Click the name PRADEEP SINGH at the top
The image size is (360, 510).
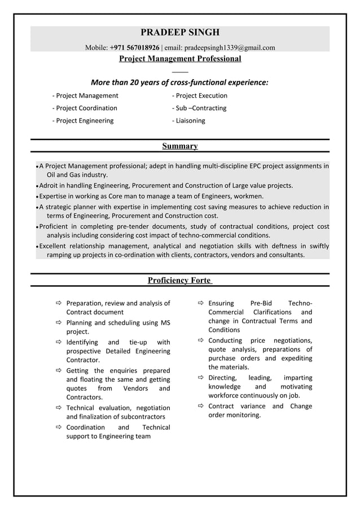(x=180, y=32)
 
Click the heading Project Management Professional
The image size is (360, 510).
(x=180, y=59)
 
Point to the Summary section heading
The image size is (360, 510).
(x=180, y=146)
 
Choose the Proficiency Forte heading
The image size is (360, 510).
(x=180, y=280)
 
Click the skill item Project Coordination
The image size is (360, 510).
(x=85, y=108)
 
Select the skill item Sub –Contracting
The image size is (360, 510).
(x=199, y=108)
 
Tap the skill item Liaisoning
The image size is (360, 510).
(x=188, y=120)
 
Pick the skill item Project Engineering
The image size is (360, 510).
(x=82, y=120)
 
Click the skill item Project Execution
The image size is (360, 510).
(x=200, y=95)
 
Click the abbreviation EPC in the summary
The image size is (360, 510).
(x=256, y=166)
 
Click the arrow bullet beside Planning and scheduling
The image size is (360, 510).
(x=58, y=323)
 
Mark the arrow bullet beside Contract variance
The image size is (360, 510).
(x=200, y=406)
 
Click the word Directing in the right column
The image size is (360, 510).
(x=222, y=377)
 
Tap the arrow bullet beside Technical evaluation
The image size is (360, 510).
(x=58, y=408)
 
